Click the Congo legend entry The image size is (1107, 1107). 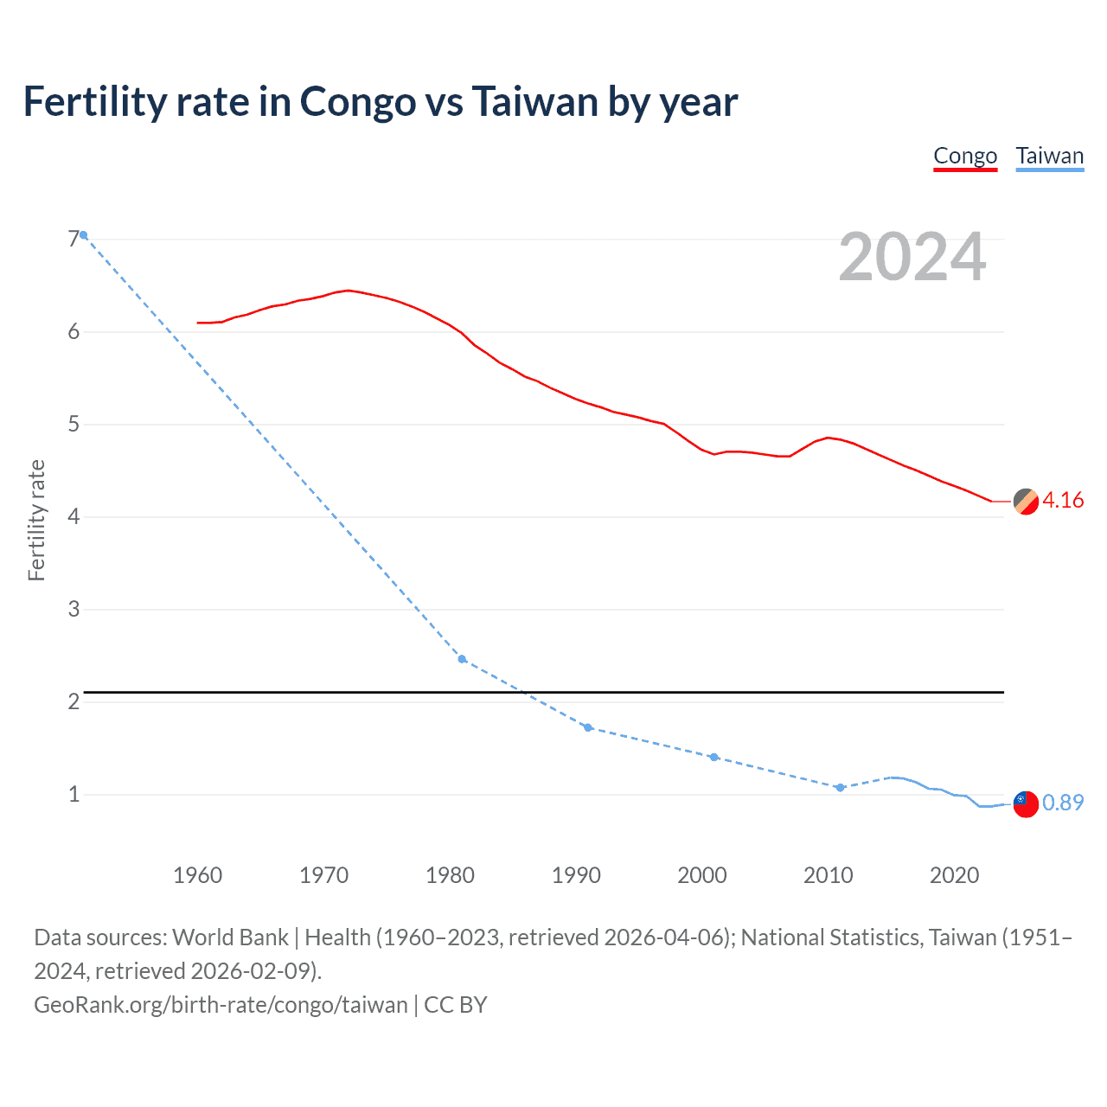(x=965, y=157)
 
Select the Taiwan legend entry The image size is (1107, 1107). (x=1049, y=157)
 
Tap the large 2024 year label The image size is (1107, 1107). (x=912, y=257)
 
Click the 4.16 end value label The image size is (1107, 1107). (x=1063, y=501)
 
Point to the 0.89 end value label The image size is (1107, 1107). (x=1063, y=803)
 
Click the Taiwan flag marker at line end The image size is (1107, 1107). (x=1025, y=803)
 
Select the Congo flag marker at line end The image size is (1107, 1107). (x=1026, y=501)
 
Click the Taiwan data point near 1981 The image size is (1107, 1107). (x=462, y=659)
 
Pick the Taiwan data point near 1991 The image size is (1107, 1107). (x=588, y=727)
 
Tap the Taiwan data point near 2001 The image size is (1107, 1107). (x=713, y=757)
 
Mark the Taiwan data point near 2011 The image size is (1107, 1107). (x=840, y=787)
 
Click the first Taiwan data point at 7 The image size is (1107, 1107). (x=83, y=235)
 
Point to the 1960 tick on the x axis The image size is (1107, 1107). (x=198, y=875)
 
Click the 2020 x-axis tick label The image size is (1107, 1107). (x=955, y=875)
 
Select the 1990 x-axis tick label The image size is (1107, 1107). (x=576, y=875)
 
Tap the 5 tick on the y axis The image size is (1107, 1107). (x=74, y=425)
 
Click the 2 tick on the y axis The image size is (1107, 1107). (x=74, y=701)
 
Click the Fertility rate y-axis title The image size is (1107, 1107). (x=36, y=521)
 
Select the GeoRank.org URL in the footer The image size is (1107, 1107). (x=221, y=1005)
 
